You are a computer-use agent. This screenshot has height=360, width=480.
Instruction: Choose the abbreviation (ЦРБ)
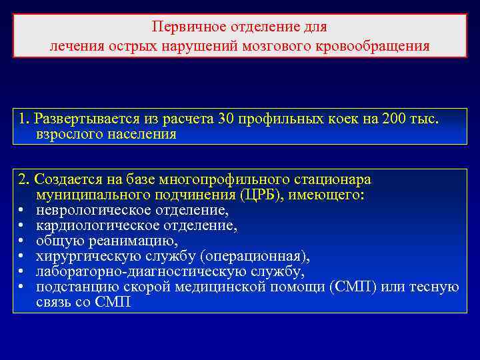[x=248, y=195]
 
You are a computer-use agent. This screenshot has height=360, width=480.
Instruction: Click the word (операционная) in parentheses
[x=248, y=256]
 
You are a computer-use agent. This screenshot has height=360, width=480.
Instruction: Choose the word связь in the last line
[x=53, y=302]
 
